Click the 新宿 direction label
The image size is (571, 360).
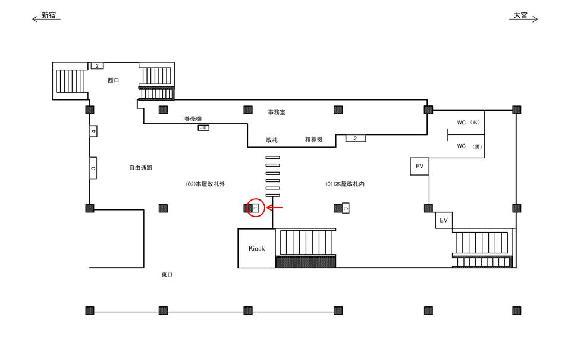[x=49, y=15]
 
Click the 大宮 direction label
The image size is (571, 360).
[x=520, y=15]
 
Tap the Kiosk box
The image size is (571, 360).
[x=256, y=248]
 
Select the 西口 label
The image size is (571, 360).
[x=113, y=80]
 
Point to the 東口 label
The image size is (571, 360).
[x=167, y=274]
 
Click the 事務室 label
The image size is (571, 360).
[x=277, y=112]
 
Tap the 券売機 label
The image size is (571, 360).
[x=193, y=119]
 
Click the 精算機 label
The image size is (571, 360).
[x=313, y=140]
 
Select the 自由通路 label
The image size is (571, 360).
[x=141, y=168]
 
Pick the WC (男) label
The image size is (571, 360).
[x=469, y=146]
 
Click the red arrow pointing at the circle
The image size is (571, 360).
[x=275, y=208]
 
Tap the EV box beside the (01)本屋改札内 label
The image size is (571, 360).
[x=419, y=167]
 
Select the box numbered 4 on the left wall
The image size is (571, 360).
[x=93, y=131]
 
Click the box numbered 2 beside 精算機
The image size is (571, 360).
[x=356, y=139]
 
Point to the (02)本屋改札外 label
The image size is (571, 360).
[x=205, y=184]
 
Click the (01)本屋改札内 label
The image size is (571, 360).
[x=345, y=184]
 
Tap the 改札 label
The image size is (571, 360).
[x=272, y=140]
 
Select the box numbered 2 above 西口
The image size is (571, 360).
[x=97, y=65]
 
